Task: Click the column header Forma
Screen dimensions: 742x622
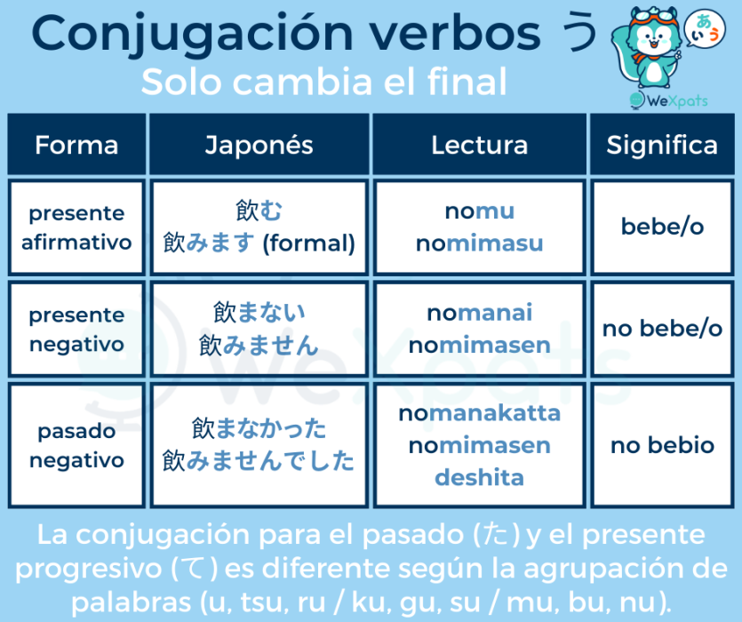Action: click(76, 144)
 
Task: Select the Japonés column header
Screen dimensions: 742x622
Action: click(259, 144)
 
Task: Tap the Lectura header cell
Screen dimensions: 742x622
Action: click(479, 144)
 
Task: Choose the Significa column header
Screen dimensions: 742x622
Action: click(662, 144)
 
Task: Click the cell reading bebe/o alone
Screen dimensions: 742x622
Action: click(663, 227)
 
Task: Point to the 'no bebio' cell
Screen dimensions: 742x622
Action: click(663, 445)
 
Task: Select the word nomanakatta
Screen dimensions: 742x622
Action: click(479, 413)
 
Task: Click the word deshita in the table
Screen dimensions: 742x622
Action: click(479, 478)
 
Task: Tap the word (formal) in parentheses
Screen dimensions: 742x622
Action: click(308, 243)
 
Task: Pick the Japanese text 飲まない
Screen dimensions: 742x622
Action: click(259, 313)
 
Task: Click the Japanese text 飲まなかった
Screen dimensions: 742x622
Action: click(259, 428)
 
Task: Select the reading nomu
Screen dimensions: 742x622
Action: click(479, 211)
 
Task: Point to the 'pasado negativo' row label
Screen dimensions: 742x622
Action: click(76, 445)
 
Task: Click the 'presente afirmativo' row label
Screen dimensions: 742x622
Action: click(76, 227)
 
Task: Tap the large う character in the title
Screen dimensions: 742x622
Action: click(578, 32)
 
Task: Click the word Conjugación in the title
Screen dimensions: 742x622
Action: click(192, 34)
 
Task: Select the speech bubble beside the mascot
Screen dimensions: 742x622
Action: click(705, 28)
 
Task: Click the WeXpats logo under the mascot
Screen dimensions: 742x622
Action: click(668, 100)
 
